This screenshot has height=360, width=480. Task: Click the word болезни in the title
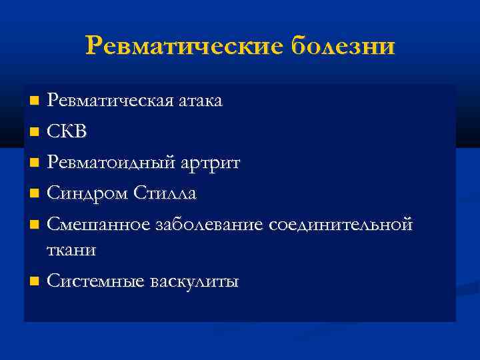click(x=343, y=46)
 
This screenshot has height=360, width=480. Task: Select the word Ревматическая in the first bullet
click(x=109, y=101)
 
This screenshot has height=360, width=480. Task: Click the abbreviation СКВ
click(x=67, y=131)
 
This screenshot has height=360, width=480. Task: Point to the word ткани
click(x=71, y=250)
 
